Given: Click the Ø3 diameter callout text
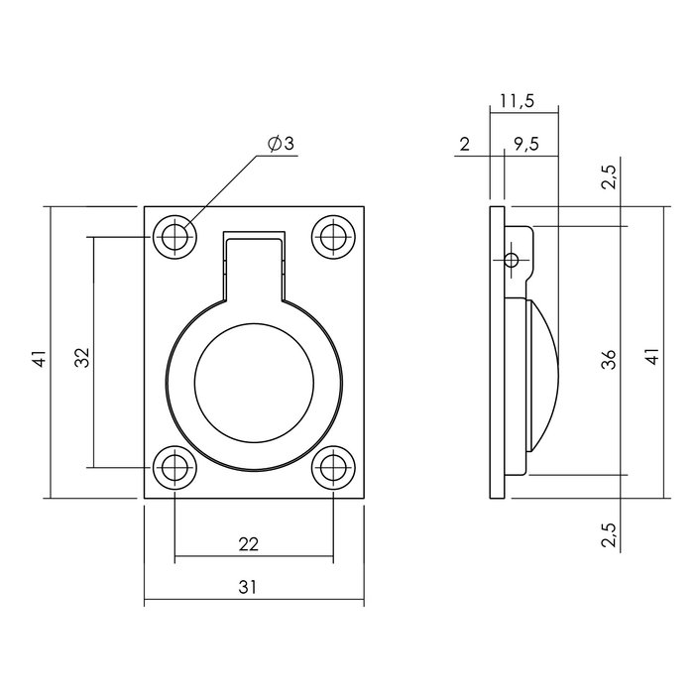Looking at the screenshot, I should coord(281,145).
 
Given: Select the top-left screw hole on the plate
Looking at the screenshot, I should coord(174,237).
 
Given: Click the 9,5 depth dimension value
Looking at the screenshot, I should coord(525,145).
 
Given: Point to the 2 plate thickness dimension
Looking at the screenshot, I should coord(465,145).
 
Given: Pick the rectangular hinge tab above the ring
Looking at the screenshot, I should coord(254,263).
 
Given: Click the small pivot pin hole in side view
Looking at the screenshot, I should coord(512,261).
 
